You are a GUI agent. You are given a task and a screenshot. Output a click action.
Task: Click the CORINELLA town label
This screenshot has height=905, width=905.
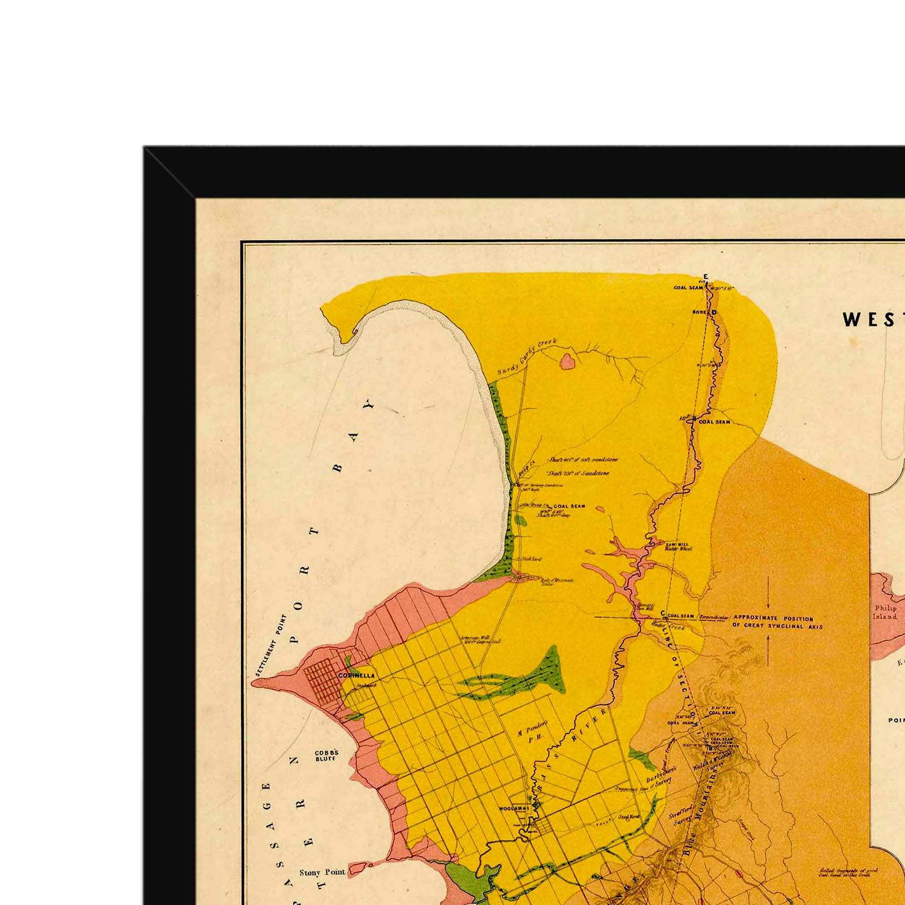point(356,675)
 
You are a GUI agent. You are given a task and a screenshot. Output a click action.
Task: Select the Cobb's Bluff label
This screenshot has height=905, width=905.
point(326,755)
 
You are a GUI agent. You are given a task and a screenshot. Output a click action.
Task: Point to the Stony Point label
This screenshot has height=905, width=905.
point(322,872)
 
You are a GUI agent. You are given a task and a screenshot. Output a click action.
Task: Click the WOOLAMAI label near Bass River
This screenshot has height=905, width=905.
point(514,809)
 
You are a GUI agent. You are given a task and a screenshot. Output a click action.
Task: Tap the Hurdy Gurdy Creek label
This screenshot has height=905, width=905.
point(527,357)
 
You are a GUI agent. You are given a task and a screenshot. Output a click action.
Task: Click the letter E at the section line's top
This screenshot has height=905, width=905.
point(705,276)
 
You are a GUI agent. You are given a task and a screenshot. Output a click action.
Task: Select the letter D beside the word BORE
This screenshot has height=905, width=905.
point(713,312)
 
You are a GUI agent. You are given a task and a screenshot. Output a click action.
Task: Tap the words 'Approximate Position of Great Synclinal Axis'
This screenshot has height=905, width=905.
point(777,622)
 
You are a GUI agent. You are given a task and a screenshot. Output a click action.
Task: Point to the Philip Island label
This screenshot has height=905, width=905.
point(885,613)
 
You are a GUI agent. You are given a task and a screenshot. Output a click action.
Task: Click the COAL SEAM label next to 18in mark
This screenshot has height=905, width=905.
point(714,422)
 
